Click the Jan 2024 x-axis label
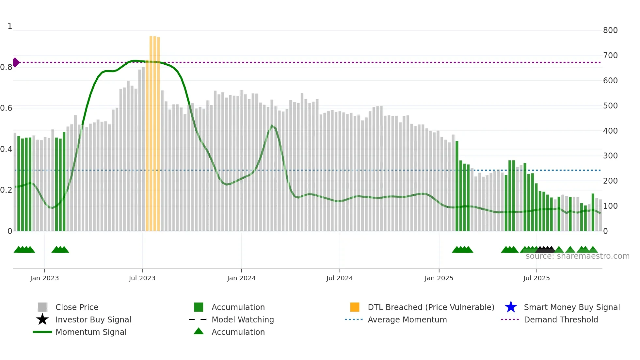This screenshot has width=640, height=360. click(x=241, y=278)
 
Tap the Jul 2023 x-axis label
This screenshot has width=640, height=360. click(x=142, y=278)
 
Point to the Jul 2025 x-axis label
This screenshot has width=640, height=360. click(x=536, y=278)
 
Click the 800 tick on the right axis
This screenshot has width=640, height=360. click(x=610, y=30)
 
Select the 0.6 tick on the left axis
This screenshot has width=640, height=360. click(x=6, y=108)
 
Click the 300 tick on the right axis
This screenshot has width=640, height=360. click(x=610, y=156)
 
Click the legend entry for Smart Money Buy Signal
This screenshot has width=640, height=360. click(x=571, y=307)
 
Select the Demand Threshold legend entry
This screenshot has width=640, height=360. click(x=561, y=319)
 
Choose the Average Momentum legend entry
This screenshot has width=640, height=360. click(x=407, y=319)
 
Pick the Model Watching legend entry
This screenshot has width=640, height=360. click(x=242, y=319)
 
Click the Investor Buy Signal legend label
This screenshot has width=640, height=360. click(x=93, y=319)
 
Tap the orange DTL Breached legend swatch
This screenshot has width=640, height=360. click(x=355, y=307)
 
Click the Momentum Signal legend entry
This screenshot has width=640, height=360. click(x=91, y=332)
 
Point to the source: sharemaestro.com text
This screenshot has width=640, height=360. click(x=577, y=256)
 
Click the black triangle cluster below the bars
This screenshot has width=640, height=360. click(x=545, y=250)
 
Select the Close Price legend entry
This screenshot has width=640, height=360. click(x=76, y=307)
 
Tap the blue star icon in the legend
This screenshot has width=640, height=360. click(x=511, y=307)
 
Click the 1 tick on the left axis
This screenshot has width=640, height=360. click(x=10, y=26)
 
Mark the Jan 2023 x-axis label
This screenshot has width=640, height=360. click(x=44, y=278)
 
